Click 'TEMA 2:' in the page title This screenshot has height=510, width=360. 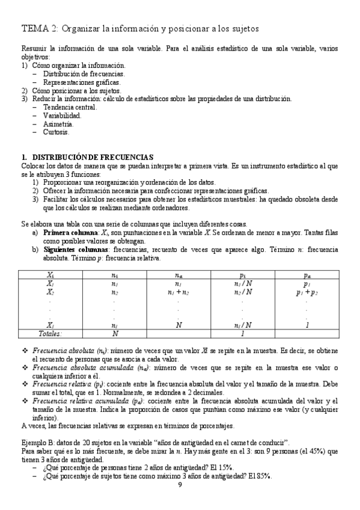(40, 28)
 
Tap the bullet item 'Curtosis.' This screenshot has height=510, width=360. (56, 132)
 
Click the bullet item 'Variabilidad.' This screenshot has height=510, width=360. (62, 115)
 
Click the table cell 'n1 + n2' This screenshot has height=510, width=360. (178, 292)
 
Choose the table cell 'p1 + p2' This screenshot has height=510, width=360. (307, 292)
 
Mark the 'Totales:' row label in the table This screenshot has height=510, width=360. (51, 333)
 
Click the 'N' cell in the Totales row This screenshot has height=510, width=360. (114, 333)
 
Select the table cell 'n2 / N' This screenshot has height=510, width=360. (243, 292)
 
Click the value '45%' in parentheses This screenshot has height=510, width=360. (297, 450)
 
